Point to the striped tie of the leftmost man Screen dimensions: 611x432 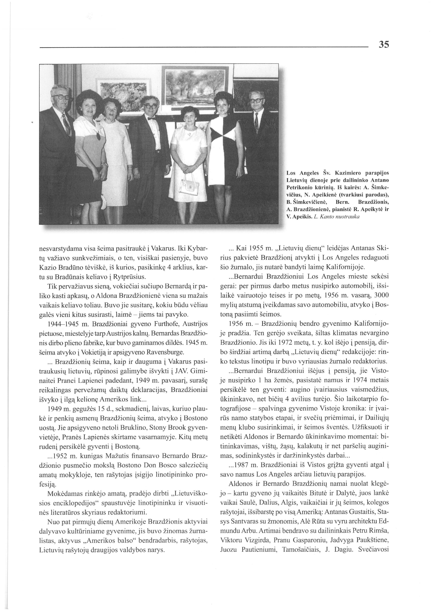[66, 124]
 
